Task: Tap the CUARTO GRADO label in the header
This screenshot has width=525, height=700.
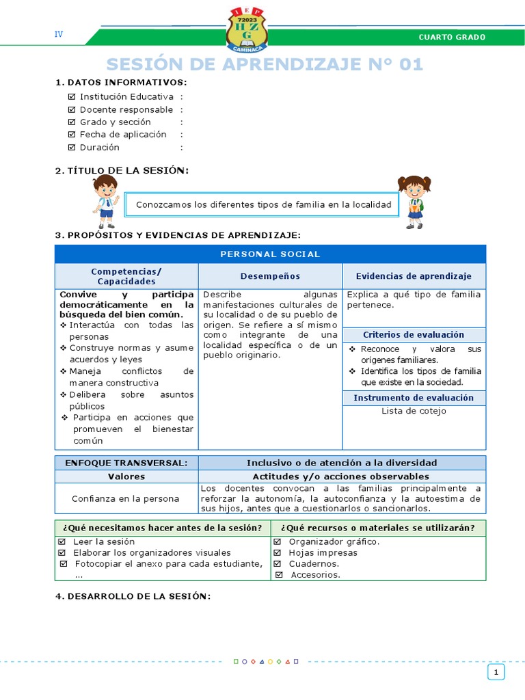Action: pyautogui.click(x=452, y=37)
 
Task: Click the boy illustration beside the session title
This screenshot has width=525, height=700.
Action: pyautogui.click(x=105, y=201)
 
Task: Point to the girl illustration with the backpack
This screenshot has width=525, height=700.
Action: pyautogui.click(x=413, y=202)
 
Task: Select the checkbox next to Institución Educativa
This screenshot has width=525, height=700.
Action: pyautogui.click(x=72, y=97)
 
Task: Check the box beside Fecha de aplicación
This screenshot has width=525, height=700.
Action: pyautogui.click(x=72, y=135)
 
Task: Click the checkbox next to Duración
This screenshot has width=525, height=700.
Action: pyautogui.click(x=72, y=147)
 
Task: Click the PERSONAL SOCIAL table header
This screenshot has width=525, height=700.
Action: pyautogui.click(x=270, y=254)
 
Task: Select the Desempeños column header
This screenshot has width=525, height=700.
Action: pyautogui.click(x=270, y=276)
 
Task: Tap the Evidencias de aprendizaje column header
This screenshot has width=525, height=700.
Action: pyautogui.click(x=414, y=276)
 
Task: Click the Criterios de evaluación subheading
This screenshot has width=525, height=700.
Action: pyautogui.click(x=414, y=335)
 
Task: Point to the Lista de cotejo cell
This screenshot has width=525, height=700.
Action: pyautogui.click(x=414, y=411)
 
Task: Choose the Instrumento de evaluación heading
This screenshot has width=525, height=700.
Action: pyautogui.click(x=414, y=398)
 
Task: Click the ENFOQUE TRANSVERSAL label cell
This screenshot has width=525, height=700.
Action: pyautogui.click(x=126, y=463)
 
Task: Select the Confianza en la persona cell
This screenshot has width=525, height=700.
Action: pyautogui.click(x=126, y=499)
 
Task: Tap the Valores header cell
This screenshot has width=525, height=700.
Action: pyautogui.click(x=126, y=476)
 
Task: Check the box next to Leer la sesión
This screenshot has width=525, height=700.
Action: pyautogui.click(x=62, y=541)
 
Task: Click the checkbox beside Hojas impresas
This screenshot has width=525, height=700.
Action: pyautogui.click(x=278, y=552)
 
